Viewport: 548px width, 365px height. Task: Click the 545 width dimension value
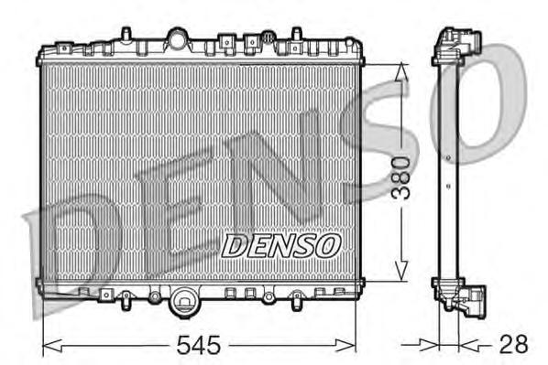coord(198,345)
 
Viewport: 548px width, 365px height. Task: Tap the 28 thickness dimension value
coord(513,345)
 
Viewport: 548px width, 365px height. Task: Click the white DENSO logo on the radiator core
coord(282,244)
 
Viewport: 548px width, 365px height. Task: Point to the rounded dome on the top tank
coord(176,38)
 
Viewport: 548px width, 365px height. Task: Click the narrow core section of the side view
coord(446,174)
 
